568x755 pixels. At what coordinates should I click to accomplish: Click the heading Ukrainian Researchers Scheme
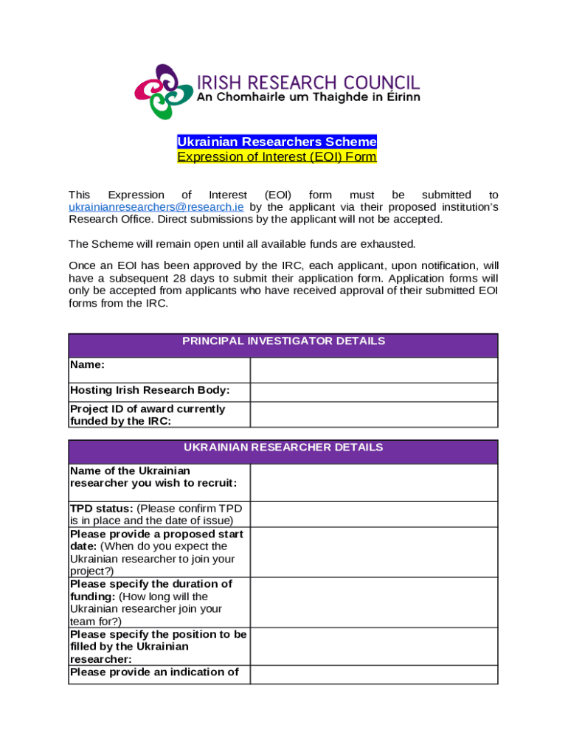tap(277, 142)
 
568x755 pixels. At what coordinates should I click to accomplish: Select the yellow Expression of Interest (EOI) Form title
tap(277, 157)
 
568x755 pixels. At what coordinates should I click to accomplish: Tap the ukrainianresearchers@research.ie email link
tap(156, 207)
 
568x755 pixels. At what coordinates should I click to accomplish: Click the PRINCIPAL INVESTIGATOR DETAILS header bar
tap(283, 341)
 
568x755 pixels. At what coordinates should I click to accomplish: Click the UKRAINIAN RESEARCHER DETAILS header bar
tap(283, 448)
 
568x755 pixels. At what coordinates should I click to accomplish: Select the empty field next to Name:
tap(373, 369)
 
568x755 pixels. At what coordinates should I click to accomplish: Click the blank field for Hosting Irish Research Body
tap(373, 392)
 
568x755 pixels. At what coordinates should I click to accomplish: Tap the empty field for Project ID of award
tap(373, 414)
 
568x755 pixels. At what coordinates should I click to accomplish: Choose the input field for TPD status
tap(373, 514)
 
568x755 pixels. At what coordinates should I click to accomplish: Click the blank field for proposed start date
tap(373, 552)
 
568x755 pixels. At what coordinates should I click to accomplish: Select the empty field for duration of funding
tap(373, 602)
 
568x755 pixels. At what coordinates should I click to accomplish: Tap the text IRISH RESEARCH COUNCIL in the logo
tap(308, 82)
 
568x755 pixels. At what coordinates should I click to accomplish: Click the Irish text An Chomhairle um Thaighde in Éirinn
tap(308, 99)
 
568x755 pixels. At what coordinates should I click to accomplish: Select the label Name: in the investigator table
tap(87, 364)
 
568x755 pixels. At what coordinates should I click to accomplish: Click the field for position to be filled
tap(373, 646)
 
